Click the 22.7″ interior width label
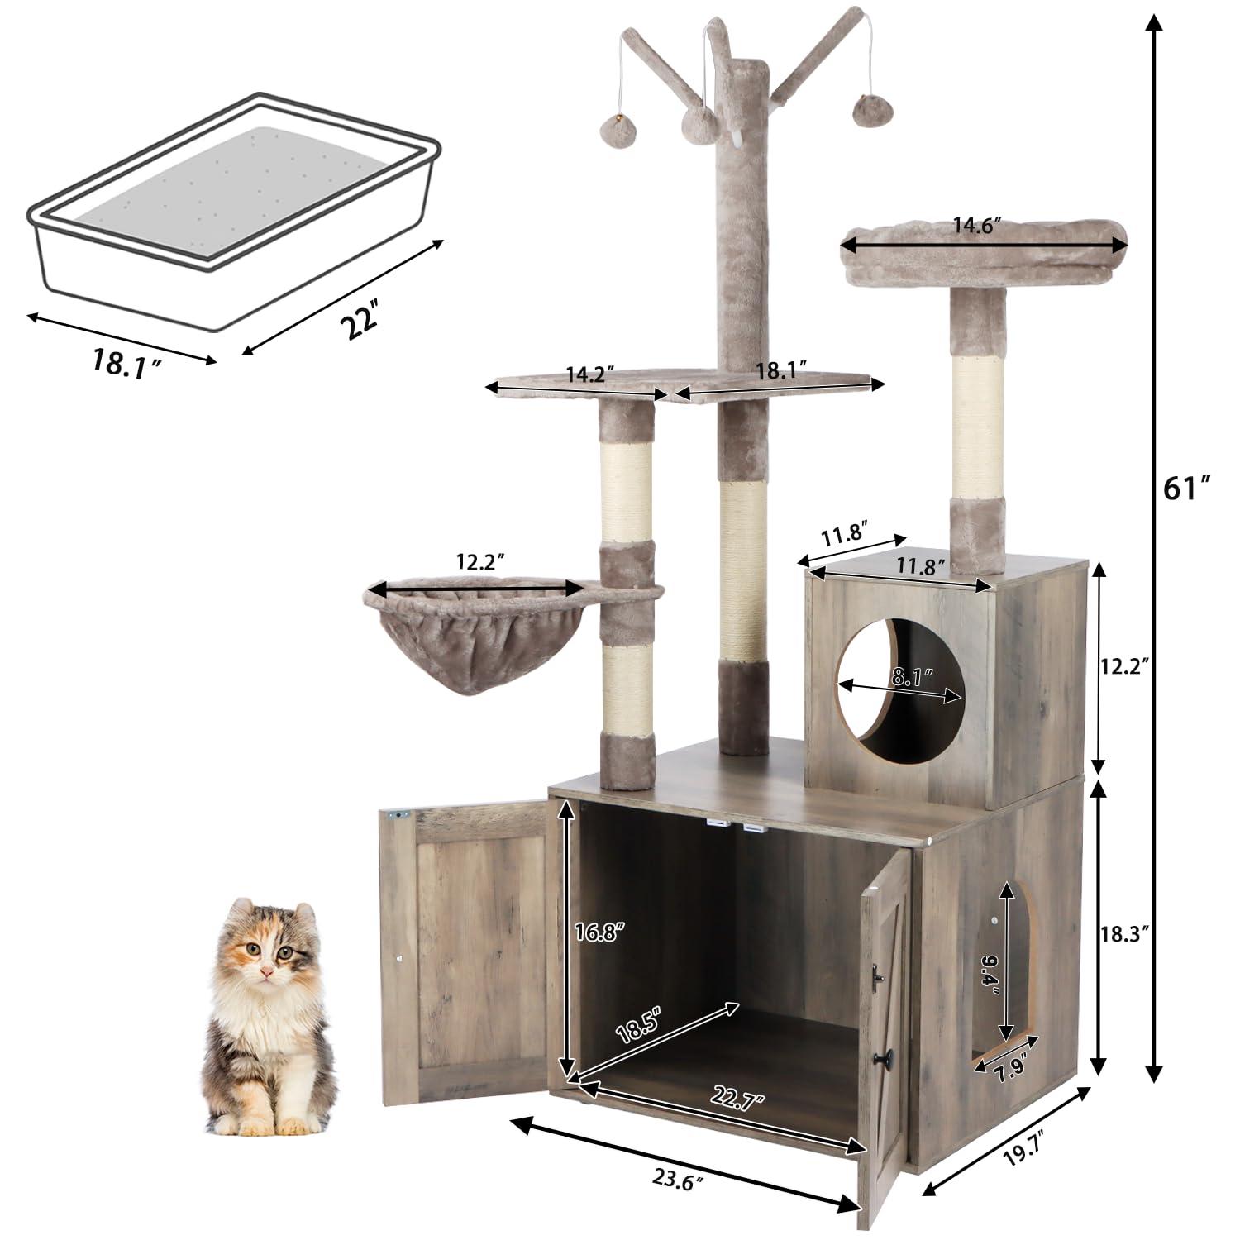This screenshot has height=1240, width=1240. (737, 1099)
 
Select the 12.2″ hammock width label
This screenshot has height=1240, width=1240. (479, 562)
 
